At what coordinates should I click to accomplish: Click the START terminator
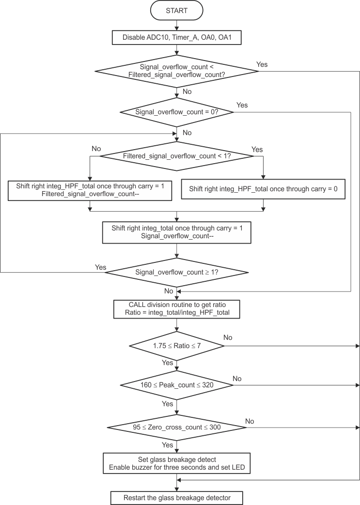[177, 11]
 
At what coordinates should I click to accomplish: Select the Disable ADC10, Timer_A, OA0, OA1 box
[177, 37]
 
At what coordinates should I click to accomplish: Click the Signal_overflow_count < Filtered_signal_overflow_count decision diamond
[177, 71]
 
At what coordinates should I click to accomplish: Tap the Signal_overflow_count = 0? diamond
[177, 112]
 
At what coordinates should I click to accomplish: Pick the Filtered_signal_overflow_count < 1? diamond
[177, 156]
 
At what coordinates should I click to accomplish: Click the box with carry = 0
[263, 189]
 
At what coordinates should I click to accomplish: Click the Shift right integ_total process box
[177, 232]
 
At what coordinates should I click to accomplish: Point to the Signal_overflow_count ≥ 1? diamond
[177, 273]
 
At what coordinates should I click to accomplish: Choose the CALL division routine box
[177, 308]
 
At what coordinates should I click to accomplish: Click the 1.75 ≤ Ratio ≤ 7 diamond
[177, 346]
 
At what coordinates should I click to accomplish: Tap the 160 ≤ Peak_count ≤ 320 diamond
[177, 385]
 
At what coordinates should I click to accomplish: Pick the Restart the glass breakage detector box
[177, 497]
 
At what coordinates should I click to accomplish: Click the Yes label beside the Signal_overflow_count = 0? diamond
[242, 105]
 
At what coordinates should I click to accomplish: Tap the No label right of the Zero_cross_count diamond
[250, 421]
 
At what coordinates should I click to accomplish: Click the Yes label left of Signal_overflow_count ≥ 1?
[100, 267]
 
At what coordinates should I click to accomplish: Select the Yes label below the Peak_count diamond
[167, 404]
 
